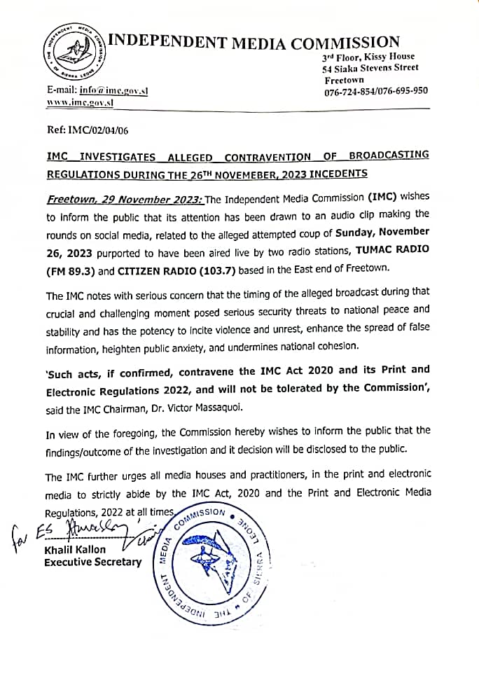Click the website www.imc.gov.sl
click(x=80, y=102)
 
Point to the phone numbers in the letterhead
click(x=376, y=91)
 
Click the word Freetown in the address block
click(x=345, y=80)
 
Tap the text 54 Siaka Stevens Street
click(x=370, y=68)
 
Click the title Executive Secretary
click(x=92, y=562)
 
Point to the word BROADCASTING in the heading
click(x=389, y=155)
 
